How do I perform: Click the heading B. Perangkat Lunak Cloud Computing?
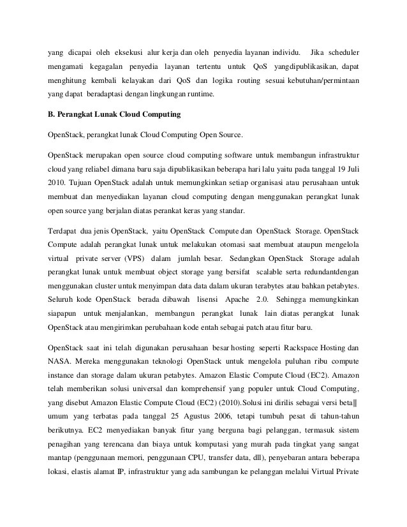114,115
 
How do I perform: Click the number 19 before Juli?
331,170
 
